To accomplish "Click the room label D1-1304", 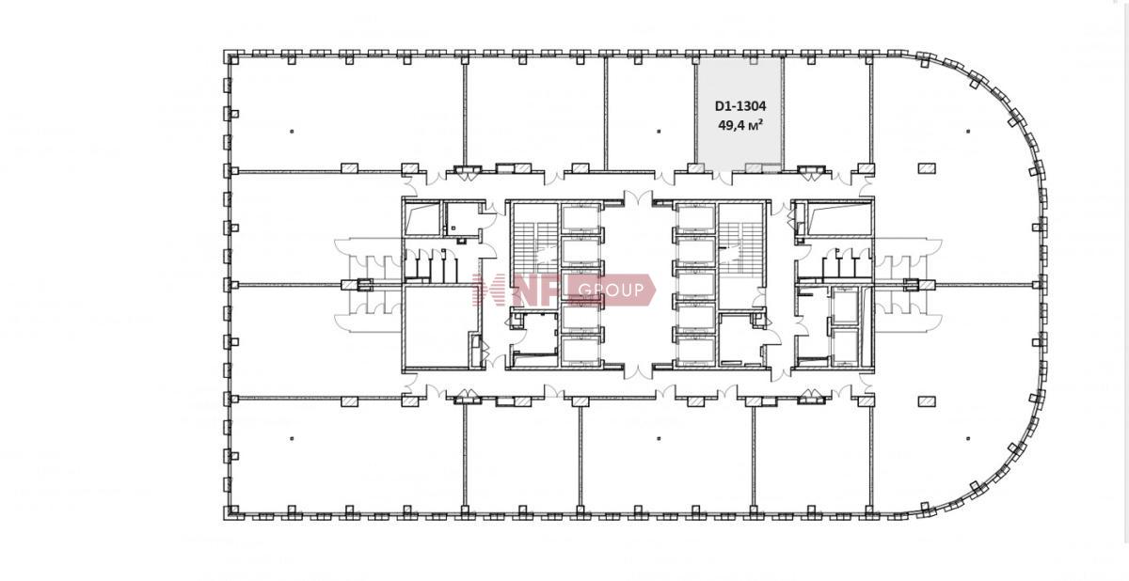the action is point(740,106).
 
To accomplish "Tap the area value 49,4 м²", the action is point(739,125).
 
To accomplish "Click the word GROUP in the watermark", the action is point(612,290).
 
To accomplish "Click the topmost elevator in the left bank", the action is point(580,218).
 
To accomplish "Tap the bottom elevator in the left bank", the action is point(580,351).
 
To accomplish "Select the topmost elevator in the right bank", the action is point(696,218).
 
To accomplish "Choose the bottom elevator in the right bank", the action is point(696,351).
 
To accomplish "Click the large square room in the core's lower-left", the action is point(437,327).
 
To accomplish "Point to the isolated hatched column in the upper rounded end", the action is point(927,168).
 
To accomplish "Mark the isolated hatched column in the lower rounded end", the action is point(927,400).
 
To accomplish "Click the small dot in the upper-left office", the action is point(292,132).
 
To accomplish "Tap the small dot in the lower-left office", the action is point(292,438).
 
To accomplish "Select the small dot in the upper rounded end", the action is point(968,132).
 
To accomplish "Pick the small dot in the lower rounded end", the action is point(968,438).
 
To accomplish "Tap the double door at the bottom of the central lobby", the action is point(638,371).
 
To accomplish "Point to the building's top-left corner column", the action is point(231,58).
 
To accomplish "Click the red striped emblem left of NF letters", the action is point(488,290).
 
